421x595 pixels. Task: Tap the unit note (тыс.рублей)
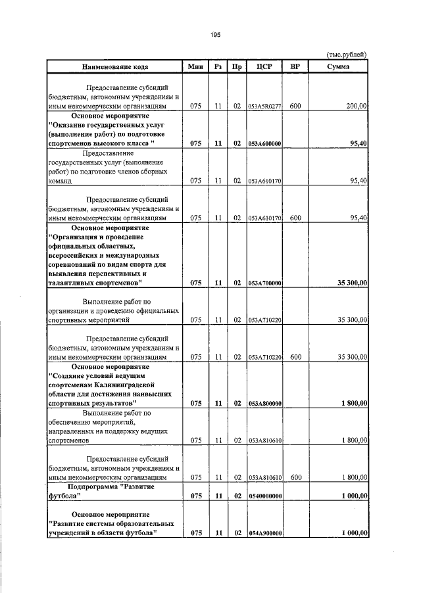(x=347, y=55)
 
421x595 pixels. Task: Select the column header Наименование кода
(x=114, y=66)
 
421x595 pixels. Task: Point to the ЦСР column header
(x=264, y=66)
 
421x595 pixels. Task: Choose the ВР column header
(x=295, y=66)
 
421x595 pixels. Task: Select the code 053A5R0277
(x=264, y=106)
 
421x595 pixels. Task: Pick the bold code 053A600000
(x=264, y=143)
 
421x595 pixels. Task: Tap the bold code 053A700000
(x=264, y=283)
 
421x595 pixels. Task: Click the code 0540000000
(x=264, y=497)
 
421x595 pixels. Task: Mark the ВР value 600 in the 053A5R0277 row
(x=295, y=106)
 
